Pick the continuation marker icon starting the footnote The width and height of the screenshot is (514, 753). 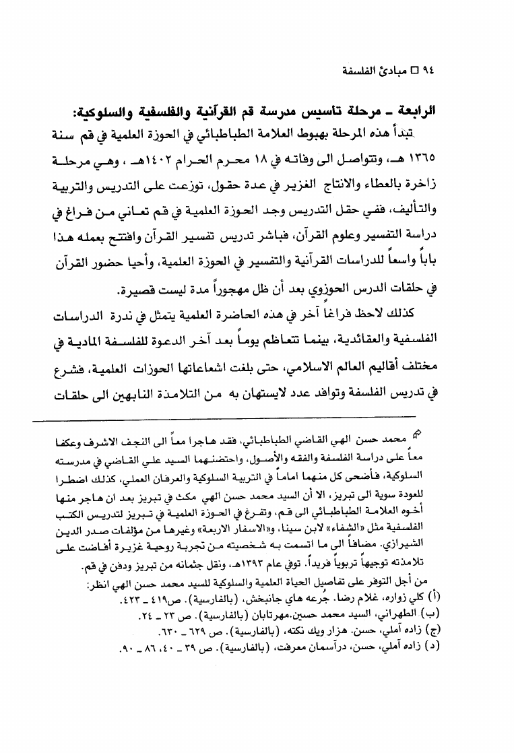pyautogui.click(x=418, y=432)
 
